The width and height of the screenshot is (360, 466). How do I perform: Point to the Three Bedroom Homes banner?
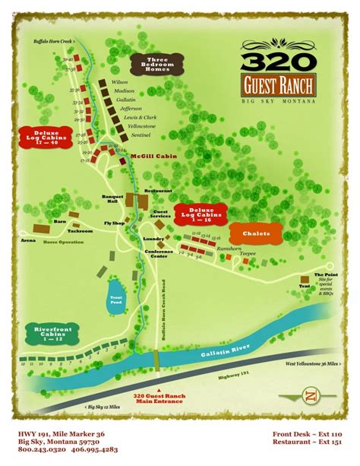pos(152,65)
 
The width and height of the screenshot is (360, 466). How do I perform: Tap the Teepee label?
pos(248,253)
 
